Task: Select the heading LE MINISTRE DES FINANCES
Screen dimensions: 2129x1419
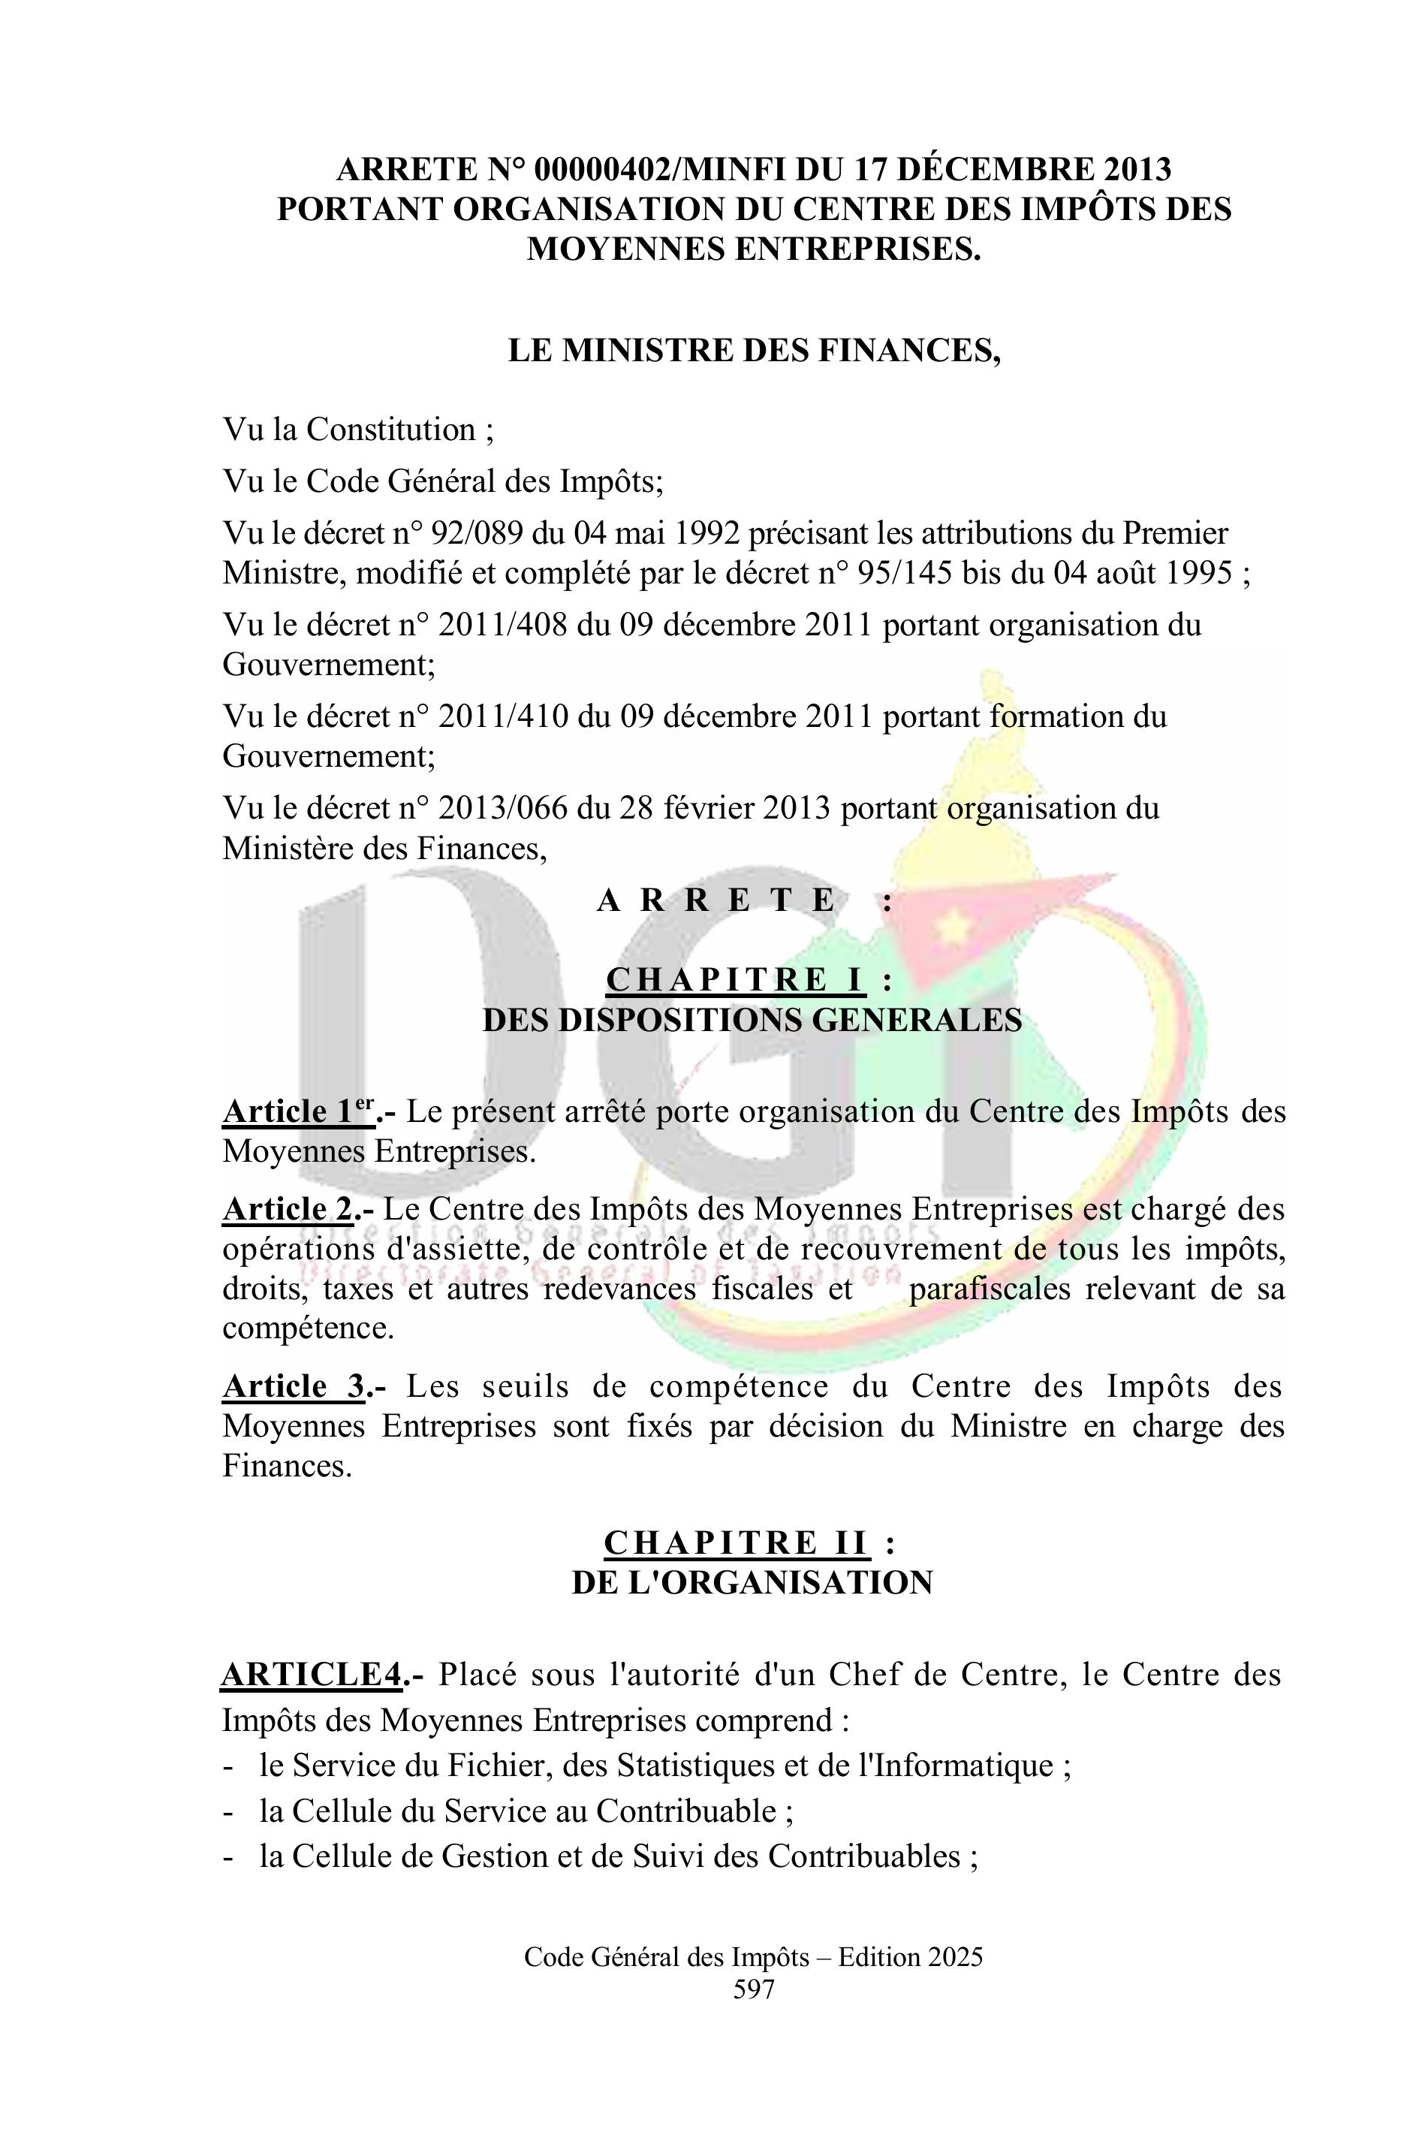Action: pyautogui.click(x=754, y=350)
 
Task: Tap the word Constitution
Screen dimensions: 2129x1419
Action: pyautogui.click(x=390, y=429)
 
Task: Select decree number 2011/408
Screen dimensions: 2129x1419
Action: pyautogui.click(x=503, y=625)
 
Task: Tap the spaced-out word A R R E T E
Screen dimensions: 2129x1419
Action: pyautogui.click(x=716, y=900)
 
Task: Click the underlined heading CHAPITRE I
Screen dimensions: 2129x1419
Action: pyautogui.click(x=735, y=979)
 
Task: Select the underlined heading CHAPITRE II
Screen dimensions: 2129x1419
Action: pyautogui.click(x=736, y=1542)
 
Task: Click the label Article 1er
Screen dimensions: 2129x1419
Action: pyautogui.click(x=299, y=1111)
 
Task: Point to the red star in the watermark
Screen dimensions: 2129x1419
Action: pyautogui.click(x=951, y=925)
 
